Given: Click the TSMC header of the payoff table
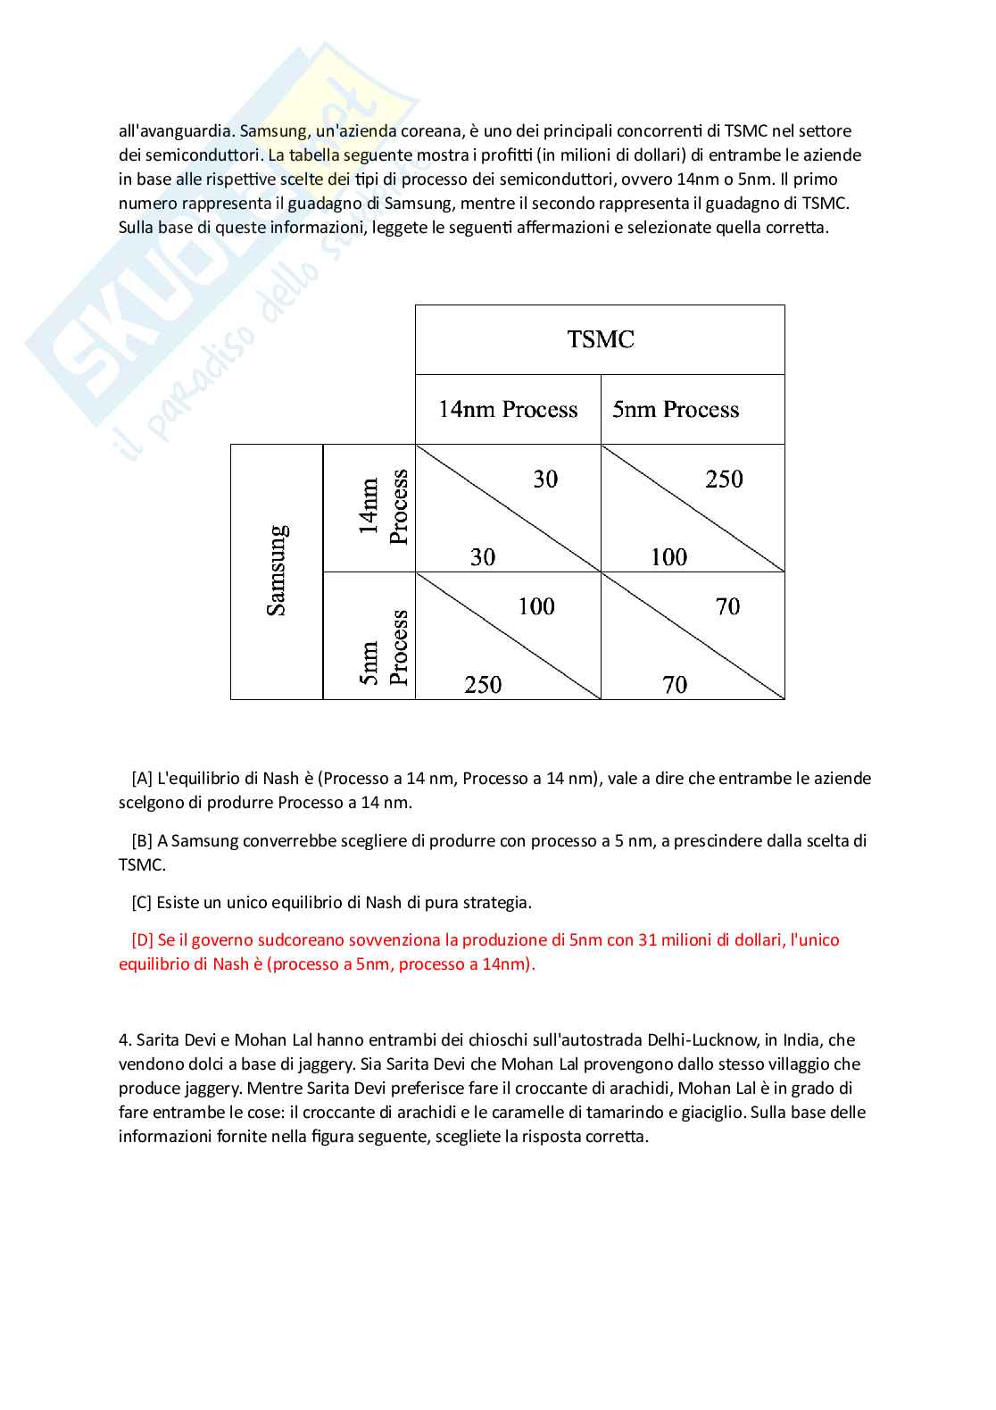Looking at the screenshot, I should [600, 339].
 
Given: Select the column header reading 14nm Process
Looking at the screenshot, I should [508, 410].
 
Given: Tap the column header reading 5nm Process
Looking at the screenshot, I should [676, 410].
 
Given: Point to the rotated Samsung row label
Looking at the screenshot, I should [278, 571].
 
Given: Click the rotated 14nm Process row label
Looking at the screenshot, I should [383, 507].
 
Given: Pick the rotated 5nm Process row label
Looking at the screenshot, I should [384, 647].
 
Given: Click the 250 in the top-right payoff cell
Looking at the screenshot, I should [724, 480].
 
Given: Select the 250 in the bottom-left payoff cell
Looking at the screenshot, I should [483, 685].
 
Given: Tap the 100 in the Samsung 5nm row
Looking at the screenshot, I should [536, 607].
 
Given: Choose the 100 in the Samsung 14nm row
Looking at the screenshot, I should [668, 557].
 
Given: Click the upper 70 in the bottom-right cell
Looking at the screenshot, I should [727, 607].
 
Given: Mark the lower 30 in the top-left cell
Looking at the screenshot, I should [483, 557].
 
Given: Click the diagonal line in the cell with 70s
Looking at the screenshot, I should [693, 635].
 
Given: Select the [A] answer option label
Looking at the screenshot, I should [141, 779].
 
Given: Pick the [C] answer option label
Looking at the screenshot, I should [141, 903].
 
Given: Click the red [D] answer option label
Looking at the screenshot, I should [142, 940].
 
